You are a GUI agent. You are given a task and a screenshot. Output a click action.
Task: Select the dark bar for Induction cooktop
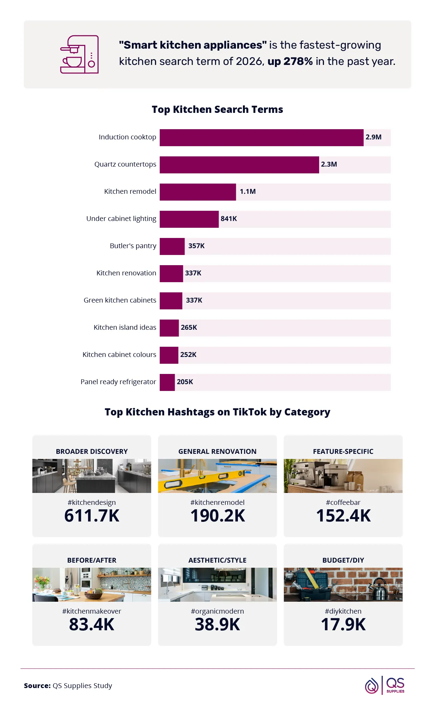point(261,138)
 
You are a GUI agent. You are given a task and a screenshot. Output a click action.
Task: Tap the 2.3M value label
point(329,165)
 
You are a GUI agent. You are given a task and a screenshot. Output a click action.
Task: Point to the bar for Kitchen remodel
point(198,192)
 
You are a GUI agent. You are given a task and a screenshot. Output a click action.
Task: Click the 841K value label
point(229,219)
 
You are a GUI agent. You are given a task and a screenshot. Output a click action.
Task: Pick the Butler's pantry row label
point(133,246)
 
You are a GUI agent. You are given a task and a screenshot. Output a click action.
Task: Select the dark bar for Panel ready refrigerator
point(167,382)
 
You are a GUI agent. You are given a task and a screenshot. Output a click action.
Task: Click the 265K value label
point(189,328)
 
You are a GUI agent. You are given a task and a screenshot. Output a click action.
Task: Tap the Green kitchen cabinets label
point(120,301)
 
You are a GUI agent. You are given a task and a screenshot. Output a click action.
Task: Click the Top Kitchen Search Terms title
point(217,109)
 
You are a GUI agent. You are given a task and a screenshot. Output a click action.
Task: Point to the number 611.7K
point(92,516)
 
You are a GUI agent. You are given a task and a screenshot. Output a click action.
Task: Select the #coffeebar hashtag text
point(343,502)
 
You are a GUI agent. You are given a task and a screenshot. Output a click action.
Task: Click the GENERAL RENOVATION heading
point(217,451)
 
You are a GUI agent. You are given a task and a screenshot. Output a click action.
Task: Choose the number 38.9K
point(217,624)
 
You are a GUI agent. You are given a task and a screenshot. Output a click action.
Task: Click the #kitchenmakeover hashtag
point(92,611)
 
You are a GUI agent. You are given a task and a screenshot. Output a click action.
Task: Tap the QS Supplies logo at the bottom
point(385,685)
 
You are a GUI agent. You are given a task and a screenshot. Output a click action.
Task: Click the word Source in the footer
point(37,686)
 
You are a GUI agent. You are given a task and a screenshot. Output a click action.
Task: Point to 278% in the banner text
point(298,62)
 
